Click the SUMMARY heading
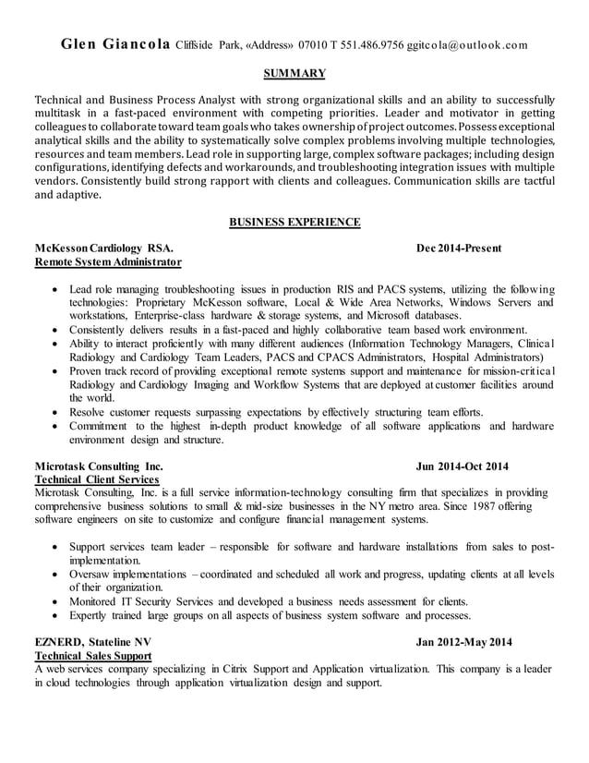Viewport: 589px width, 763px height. [x=294, y=72]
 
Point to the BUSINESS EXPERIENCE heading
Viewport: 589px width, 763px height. [x=294, y=222]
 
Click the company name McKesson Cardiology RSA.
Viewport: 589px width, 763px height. [x=102, y=248]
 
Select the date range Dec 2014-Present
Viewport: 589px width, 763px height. [x=459, y=248]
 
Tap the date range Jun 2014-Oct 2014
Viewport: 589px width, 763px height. [x=462, y=466]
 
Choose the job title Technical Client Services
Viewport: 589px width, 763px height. [x=96, y=480]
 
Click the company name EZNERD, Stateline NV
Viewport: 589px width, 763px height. [x=92, y=642]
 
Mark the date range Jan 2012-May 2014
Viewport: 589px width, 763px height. [x=463, y=642]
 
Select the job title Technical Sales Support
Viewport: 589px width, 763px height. [x=92, y=656]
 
